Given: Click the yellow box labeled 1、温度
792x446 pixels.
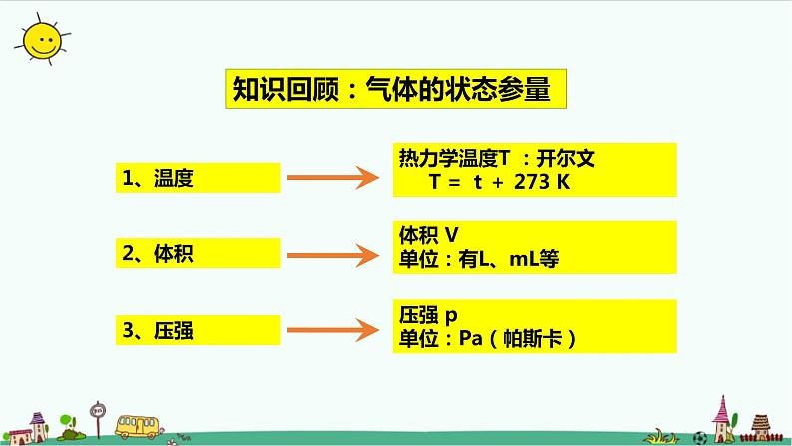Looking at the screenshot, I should (197, 179).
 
